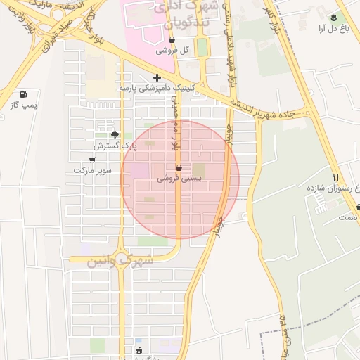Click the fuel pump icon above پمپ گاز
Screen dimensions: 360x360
(x=25, y=94)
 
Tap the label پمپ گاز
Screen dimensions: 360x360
(x=23, y=105)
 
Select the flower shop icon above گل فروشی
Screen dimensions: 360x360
(x=171, y=40)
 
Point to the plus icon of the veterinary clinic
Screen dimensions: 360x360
(x=157, y=77)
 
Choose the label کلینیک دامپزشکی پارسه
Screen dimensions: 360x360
(x=156, y=88)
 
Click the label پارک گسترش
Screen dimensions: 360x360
(x=109, y=146)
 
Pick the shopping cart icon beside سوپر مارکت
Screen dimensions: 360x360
(x=92, y=160)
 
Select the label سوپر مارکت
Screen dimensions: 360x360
(x=93, y=171)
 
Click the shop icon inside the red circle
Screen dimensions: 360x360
(x=179, y=168)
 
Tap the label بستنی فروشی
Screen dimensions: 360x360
(x=179, y=179)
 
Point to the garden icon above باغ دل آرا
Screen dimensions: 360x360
(x=333, y=18)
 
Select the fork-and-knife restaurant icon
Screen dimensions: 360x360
(x=336, y=177)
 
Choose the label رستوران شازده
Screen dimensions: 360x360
(x=333, y=188)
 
